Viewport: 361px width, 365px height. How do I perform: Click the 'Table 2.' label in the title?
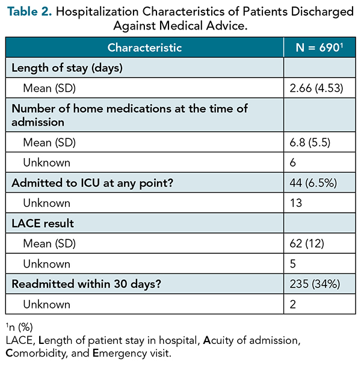29,11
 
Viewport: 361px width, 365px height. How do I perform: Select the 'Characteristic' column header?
144,48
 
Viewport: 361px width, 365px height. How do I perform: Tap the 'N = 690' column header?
319,48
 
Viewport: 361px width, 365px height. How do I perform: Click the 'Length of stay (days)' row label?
67,68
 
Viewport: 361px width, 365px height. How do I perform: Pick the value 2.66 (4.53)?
316,88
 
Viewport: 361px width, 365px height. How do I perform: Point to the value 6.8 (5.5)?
310,143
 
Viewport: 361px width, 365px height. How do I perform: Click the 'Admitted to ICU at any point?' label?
93,183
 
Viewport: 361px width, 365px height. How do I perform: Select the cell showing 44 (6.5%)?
313,183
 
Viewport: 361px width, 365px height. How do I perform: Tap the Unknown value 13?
296,203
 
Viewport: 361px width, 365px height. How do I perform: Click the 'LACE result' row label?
43,224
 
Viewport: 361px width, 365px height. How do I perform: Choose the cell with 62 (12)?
307,244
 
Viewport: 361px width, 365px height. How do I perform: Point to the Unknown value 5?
293,264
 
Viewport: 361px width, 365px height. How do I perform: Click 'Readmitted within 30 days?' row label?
87,284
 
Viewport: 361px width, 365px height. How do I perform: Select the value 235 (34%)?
315,284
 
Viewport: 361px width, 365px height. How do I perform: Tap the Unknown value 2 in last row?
293,304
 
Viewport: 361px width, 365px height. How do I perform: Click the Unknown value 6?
293,162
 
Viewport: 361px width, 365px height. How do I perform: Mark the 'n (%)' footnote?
19,327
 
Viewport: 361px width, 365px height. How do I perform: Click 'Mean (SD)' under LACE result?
49,244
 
